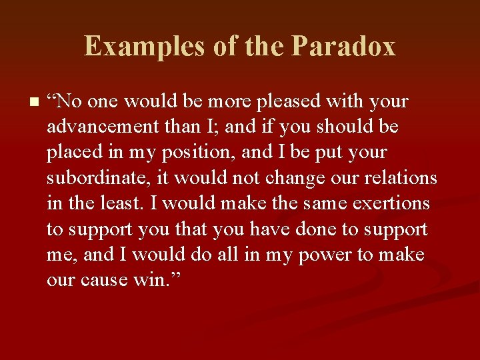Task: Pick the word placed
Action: click(70, 153)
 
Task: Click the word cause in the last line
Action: click(107, 280)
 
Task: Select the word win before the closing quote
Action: click(151, 280)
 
